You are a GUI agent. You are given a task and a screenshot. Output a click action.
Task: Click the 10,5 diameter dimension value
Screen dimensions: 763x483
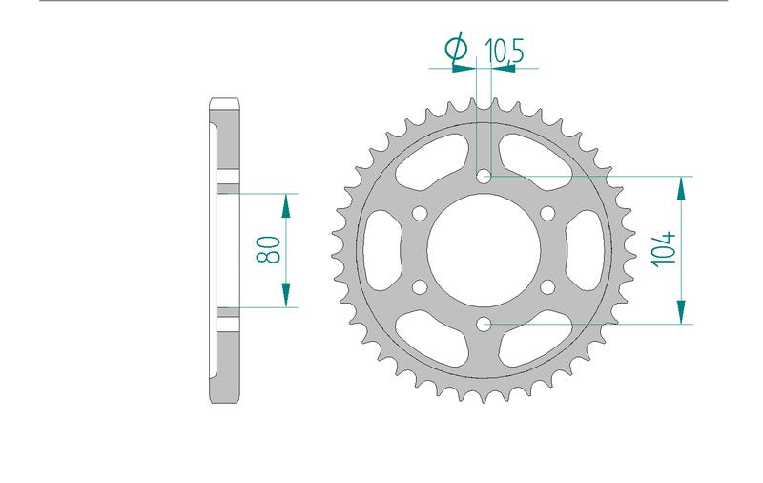504,51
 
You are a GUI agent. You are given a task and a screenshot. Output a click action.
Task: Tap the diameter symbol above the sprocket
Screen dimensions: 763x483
456,48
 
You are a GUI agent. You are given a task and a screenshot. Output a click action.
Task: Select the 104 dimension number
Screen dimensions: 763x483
664,249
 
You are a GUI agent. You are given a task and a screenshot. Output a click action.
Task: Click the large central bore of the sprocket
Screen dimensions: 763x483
484,250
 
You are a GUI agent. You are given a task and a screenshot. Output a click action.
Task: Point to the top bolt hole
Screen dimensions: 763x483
484,177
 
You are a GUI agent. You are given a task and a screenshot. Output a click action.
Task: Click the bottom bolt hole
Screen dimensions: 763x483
484,324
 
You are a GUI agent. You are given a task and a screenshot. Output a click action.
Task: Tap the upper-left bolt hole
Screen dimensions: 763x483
420,213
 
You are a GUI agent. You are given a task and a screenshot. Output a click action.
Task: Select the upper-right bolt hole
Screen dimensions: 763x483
547,213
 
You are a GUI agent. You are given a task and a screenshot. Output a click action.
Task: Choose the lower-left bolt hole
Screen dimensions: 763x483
420,286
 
